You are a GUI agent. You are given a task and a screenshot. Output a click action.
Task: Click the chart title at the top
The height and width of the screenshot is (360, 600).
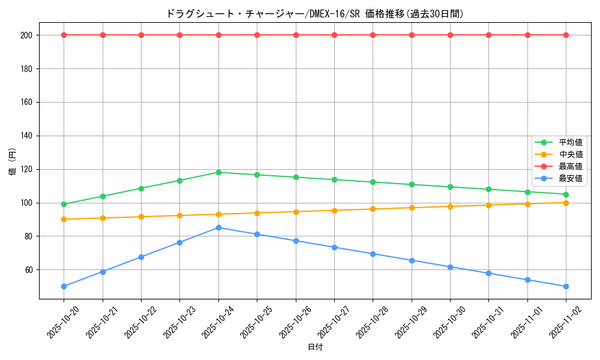pyautogui.click(x=314, y=14)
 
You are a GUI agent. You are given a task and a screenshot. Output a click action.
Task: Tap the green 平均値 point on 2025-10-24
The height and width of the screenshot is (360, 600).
pyautogui.click(x=218, y=172)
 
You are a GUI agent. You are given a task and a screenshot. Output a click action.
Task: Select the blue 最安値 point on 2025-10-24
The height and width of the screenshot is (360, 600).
pyautogui.click(x=218, y=227)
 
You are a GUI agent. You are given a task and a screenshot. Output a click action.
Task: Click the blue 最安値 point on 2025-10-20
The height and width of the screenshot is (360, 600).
pyautogui.click(x=64, y=286)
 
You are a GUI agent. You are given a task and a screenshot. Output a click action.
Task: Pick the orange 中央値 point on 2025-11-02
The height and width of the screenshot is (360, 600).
pyautogui.click(x=566, y=202)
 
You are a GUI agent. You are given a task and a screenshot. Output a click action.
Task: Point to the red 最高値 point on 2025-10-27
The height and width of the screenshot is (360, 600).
pyautogui.click(x=334, y=35)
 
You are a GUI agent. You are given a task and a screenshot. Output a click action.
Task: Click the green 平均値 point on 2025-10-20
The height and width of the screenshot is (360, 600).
pyautogui.click(x=64, y=204)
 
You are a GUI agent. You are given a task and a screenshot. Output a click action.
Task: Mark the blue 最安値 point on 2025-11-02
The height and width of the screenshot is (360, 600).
pyautogui.click(x=566, y=286)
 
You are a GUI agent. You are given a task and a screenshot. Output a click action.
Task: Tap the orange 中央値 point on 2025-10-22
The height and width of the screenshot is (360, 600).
pyautogui.click(x=141, y=217)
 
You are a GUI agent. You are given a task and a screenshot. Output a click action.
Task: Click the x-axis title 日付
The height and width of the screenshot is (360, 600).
pyautogui.click(x=314, y=347)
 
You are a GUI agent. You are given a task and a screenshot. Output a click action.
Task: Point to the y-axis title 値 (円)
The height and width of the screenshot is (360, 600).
pyautogui.click(x=12, y=162)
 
